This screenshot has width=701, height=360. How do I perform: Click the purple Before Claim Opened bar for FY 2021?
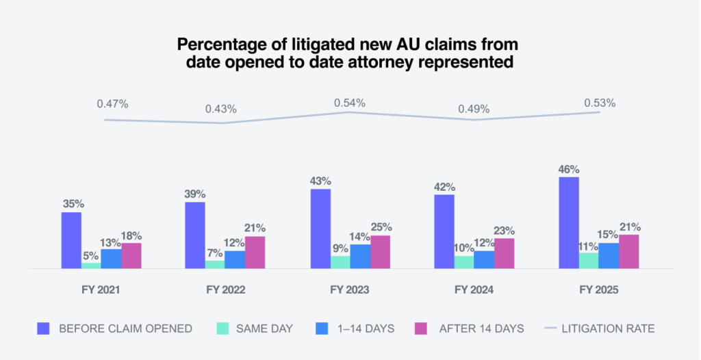(71, 241)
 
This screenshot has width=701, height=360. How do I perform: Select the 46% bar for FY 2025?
(569, 223)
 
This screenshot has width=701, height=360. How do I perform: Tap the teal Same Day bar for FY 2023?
(340, 263)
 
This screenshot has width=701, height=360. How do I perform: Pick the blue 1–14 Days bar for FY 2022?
(235, 260)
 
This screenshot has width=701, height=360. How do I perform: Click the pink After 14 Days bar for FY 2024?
(504, 254)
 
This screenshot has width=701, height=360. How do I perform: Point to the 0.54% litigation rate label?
(349, 103)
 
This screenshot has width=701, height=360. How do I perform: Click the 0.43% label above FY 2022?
(220, 109)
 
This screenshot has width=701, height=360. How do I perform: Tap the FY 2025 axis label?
(598, 290)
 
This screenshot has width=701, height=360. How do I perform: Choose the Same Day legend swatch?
(222, 329)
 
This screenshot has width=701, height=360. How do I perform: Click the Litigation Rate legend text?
(608, 329)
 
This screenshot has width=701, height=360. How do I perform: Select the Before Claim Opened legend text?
(125, 329)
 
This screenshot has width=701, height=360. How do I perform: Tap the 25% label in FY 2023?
(380, 227)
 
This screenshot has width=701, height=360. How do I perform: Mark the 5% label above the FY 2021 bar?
(91, 255)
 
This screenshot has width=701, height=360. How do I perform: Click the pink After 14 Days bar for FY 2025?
(628, 252)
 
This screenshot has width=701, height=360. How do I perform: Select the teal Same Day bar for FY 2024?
(464, 263)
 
